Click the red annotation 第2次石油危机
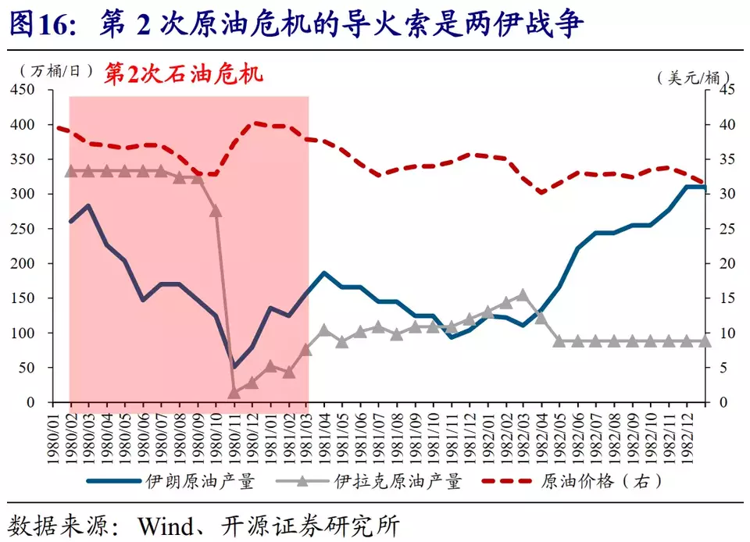[x=184, y=73]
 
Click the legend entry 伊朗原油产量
[x=200, y=482]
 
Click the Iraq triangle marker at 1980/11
[x=234, y=392]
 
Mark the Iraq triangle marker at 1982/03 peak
[x=523, y=294]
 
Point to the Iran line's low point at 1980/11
[x=234, y=366]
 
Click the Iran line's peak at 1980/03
[x=88, y=206]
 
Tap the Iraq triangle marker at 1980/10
[x=216, y=211]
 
